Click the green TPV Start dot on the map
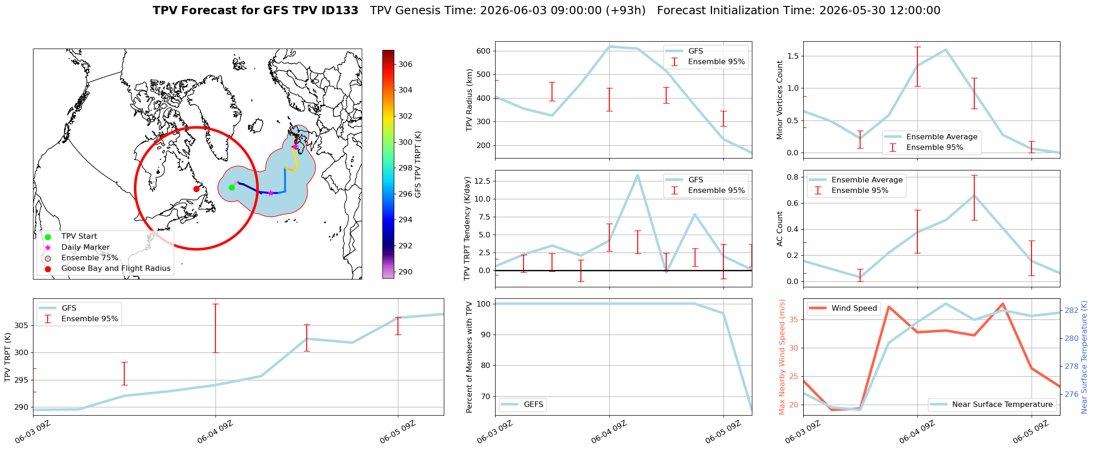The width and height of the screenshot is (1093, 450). tap(232, 187)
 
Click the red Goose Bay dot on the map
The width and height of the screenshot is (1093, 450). tap(196, 189)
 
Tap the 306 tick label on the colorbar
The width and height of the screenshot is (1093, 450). tap(405, 64)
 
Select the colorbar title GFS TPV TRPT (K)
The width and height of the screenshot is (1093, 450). tap(418, 165)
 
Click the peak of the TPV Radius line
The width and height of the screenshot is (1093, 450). tap(609, 46)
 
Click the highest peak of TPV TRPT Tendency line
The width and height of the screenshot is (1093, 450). tap(638, 175)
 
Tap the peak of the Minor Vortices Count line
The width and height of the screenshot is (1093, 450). tap(946, 49)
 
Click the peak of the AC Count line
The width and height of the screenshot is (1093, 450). tap(974, 195)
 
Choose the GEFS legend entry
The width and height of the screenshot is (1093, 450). tap(523, 404)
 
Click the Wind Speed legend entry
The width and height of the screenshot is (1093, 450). tap(843, 308)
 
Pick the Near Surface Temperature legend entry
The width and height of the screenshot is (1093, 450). tap(993, 404)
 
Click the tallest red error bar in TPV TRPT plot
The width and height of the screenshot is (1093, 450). tap(215, 328)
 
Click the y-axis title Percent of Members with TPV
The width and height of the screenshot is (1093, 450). tap(469, 357)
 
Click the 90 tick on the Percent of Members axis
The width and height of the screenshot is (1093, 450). tap(486, 335)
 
